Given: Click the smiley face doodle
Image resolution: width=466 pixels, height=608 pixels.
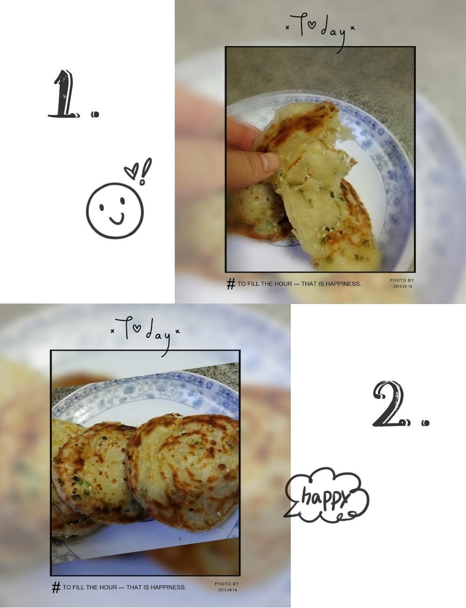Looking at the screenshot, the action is point(115,211).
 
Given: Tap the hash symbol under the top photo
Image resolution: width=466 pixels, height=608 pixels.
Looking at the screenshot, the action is point(231,284).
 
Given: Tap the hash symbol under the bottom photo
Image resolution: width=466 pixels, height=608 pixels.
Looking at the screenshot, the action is point(56,588).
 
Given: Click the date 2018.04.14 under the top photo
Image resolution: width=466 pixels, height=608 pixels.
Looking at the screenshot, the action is point(403,286).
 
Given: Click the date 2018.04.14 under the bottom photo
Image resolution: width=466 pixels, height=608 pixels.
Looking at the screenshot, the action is point(227,589).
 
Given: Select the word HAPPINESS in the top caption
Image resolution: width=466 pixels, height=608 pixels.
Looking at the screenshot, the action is point(343,284).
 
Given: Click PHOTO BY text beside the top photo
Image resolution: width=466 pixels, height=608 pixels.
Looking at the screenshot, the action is point(402,280).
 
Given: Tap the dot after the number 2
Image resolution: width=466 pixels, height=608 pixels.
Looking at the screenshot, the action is point(425,423).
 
